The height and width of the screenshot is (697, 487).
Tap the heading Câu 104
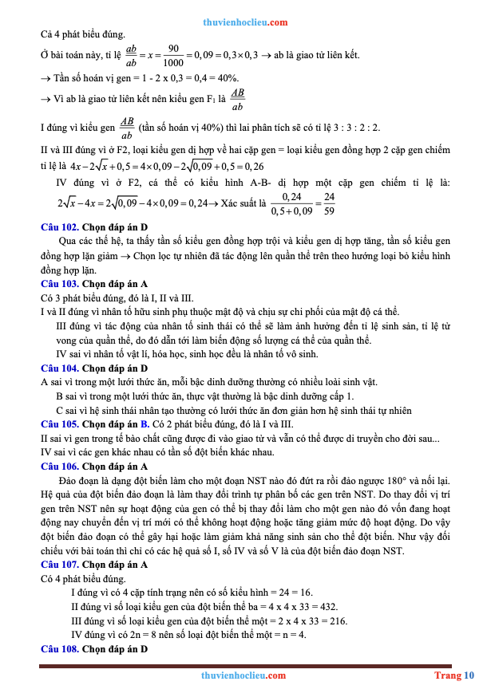click(x=60, y=368)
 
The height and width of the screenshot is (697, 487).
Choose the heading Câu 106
click(x=60, y=466)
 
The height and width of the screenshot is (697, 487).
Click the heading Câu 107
click(x=60, y=565)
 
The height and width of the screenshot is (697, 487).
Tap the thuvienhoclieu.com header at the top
click(x=245, y=22)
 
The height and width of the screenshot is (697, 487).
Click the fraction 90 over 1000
click(x=172, y=55)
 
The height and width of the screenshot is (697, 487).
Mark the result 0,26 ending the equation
click(x=254, y=166)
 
